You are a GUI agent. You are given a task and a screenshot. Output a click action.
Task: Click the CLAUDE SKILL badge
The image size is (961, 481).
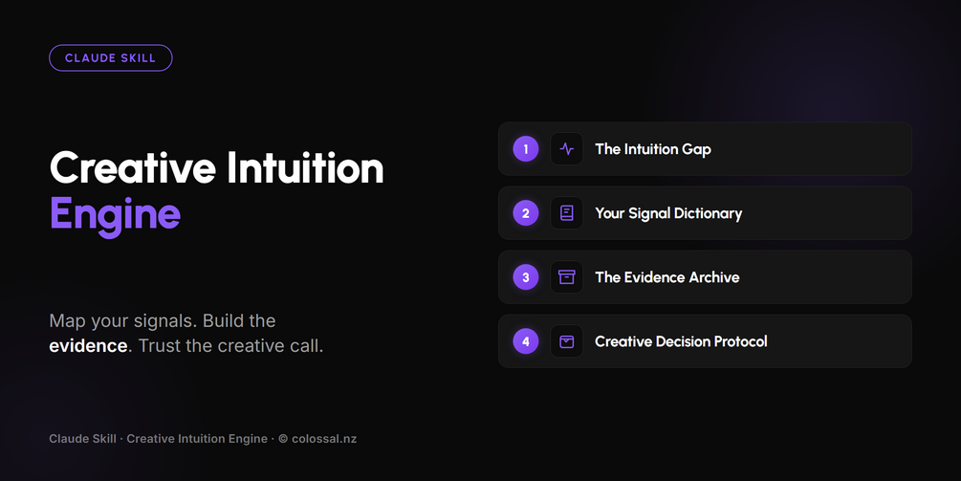tap(110, 58)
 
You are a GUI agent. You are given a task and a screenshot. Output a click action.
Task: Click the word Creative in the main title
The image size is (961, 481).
tap(133, 168)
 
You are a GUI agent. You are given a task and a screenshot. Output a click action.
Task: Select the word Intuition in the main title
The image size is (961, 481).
tap(305, 168)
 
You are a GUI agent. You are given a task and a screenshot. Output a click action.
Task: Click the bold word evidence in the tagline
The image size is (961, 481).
tap(88, 345)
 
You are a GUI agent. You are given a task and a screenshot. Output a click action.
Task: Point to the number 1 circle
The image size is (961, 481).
tap(526, 149)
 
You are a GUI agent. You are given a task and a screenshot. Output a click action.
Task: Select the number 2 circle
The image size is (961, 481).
tap(526, 213)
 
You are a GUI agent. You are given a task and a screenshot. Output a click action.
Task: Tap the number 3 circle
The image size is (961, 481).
tap(526, 277)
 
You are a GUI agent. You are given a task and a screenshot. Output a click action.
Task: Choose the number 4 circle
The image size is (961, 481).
tap(526, 341)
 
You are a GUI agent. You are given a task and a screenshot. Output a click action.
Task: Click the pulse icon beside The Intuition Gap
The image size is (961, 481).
tap(567, 149)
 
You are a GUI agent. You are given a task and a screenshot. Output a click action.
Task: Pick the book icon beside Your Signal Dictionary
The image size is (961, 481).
tap(567, 213)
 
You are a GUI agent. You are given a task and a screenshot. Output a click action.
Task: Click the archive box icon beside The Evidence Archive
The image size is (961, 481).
tap(567, 277)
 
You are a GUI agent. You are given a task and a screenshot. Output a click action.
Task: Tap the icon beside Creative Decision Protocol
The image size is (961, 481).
tap(567, 341)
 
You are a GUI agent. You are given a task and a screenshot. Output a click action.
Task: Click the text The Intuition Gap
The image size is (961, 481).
tap(653, 149)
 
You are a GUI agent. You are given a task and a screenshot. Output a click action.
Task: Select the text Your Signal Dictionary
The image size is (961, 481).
tap(668, 214)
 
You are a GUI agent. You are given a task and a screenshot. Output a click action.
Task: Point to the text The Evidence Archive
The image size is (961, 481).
tap(667, 277)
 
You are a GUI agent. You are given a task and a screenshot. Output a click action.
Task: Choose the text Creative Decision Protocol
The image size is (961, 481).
tap(681, 341)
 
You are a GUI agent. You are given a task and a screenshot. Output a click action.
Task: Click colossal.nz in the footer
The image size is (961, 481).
tap(324, 439)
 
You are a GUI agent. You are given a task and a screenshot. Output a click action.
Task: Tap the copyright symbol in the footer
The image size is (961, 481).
tap(283, 439)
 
